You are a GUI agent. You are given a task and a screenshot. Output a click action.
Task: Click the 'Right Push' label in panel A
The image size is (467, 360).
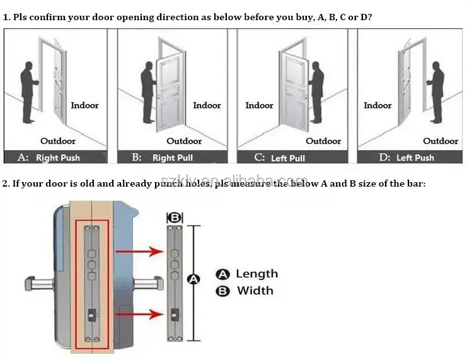tap(58, 158)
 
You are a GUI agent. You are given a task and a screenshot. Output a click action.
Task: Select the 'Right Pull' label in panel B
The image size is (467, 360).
tap(173, 158)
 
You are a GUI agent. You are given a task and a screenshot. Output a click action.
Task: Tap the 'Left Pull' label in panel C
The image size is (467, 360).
tap(288, 158)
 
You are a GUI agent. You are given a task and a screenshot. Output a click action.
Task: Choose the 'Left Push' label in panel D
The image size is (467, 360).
tap(415, 158)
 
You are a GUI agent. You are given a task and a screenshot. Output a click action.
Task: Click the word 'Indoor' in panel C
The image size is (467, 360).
tap(259, 105)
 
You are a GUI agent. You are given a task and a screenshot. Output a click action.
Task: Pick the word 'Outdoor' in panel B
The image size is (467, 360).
tap(184, 141)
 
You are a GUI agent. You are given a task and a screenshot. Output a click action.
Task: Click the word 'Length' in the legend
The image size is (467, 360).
tap(257, 274)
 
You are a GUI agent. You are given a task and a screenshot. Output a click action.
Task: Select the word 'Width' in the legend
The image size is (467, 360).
tap(255, 291)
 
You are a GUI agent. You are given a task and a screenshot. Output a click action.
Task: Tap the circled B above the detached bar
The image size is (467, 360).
tap(175, 218)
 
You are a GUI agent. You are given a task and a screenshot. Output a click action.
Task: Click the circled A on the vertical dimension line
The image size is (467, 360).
tap(193, 279)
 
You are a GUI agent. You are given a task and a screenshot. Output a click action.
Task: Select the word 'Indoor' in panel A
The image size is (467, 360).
tap(84, 105)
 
